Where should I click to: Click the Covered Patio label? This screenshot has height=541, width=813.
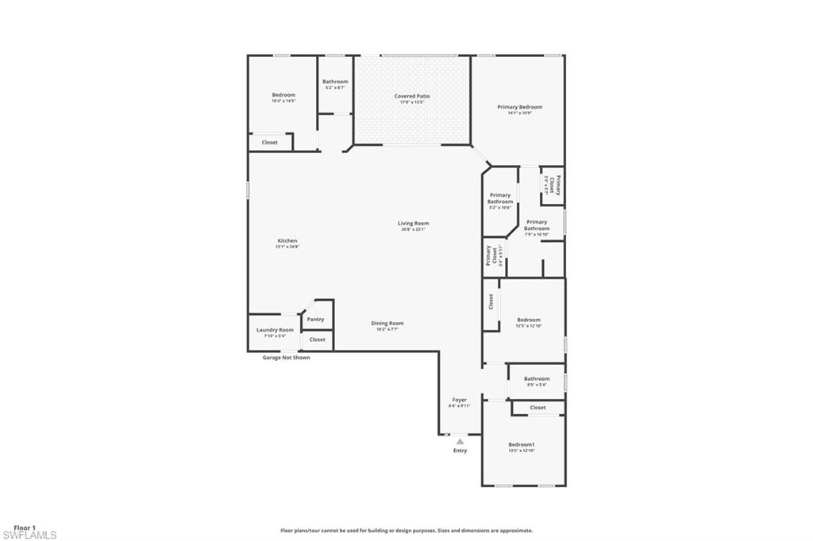pos(412,96)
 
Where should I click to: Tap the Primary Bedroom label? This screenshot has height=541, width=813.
pos(520,106)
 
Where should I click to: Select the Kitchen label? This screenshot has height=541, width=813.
pos(287,240)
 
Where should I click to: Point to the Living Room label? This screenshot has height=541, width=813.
pos(413,223)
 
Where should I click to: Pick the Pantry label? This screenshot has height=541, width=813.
pos(315,320)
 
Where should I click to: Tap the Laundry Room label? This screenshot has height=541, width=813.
pos(275,329)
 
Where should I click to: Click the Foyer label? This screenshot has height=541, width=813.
pos(460,399)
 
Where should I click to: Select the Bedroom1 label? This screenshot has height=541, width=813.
pos(522,444)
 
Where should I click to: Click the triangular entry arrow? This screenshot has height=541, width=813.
pos(460,441)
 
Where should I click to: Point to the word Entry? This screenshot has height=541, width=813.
pos(460,451)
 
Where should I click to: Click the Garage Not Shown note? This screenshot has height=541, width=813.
pos(286,358)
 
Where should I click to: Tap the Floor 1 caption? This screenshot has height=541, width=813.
pos(25,528)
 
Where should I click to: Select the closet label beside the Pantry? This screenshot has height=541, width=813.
pos(317,340)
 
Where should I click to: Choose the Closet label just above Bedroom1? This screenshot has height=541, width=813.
pos(538,408)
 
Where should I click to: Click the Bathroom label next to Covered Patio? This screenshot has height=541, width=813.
pos(335,81)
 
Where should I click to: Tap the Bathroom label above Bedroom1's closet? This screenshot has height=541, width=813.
pos(537,378)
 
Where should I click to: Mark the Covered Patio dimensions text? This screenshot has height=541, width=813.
pos(412,102)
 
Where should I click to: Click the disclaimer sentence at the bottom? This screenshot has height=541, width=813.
pos(406,531)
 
